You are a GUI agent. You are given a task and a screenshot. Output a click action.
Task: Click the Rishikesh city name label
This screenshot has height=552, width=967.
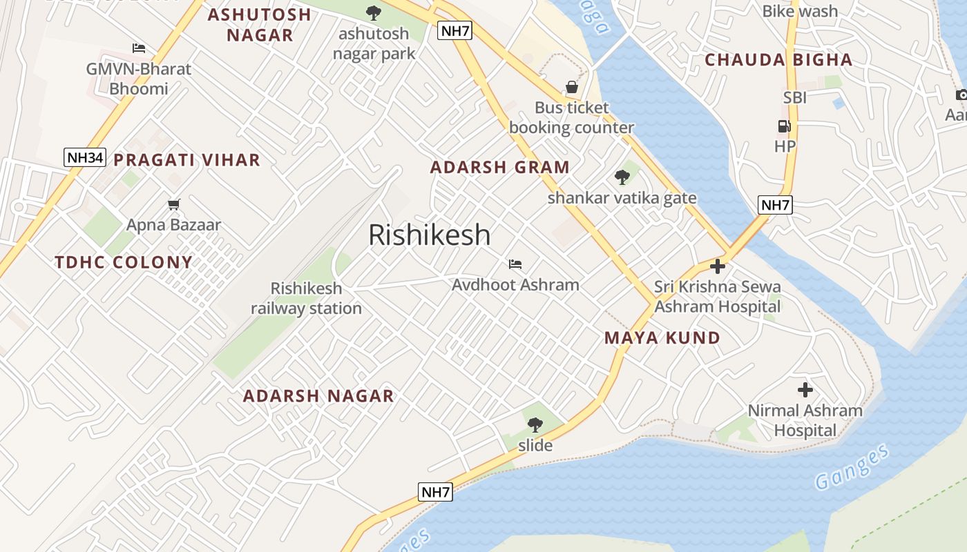(429, 235)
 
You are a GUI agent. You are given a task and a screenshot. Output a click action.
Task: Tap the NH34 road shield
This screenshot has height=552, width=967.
(84, 157)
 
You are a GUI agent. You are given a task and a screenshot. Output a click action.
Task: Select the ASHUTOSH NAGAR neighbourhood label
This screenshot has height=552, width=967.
(260, 25)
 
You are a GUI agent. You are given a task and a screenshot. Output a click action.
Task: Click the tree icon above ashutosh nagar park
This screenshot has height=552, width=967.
(373, 12)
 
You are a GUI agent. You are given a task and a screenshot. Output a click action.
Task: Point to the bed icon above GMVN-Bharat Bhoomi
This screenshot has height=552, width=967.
(139, 48)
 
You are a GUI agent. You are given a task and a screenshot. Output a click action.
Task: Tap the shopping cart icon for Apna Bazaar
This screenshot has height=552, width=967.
(173, 204)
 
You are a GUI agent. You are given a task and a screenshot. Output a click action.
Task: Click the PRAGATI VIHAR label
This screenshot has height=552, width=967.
(186, 160)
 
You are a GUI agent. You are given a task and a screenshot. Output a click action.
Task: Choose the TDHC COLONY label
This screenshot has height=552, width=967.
(124, 262)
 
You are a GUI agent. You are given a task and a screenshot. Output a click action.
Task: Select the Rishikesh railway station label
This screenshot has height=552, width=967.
(306, 298)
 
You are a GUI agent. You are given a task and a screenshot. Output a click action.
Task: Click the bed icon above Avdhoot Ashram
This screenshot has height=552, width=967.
(515, 264)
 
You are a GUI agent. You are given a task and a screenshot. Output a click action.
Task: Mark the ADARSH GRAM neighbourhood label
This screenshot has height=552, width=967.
(499, 167)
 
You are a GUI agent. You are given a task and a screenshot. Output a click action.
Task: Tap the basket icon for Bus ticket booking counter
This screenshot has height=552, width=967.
(572, 87)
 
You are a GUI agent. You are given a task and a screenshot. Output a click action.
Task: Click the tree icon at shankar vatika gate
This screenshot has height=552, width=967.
(622, 177)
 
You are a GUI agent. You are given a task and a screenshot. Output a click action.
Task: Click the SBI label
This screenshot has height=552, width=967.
(794, 98)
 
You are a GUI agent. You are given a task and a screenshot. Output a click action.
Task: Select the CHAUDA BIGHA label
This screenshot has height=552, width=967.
(778, 60)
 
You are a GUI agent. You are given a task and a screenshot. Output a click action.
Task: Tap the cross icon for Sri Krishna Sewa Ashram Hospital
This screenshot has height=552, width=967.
(718, 266)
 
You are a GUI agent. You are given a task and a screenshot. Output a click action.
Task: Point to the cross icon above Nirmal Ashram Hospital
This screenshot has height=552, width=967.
(805, 390)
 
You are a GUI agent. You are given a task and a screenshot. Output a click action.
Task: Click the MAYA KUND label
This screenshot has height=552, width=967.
(662, 338)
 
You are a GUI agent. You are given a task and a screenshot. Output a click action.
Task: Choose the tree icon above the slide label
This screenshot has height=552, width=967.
(535, 424)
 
